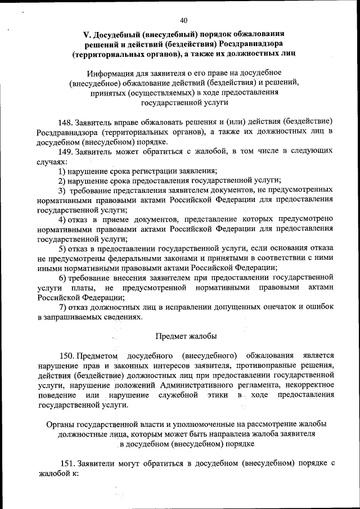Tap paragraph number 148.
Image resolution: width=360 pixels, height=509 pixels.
66,122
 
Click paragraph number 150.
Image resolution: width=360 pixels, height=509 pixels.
67,355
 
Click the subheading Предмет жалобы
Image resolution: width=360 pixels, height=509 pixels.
186,336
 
